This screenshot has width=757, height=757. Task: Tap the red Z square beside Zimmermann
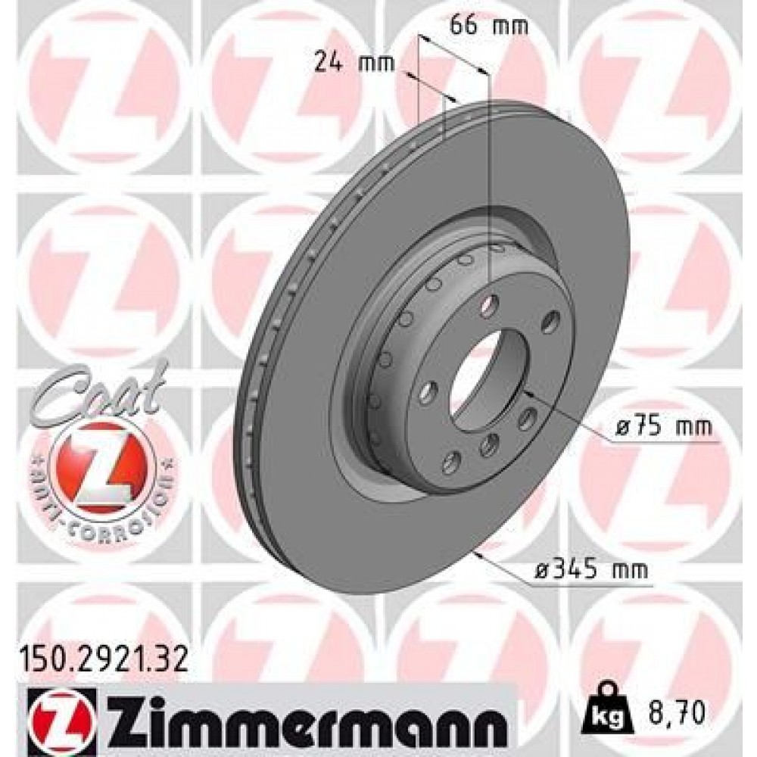click(x=51, y=720)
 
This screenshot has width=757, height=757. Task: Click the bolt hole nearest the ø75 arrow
click(x=527, y=416)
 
